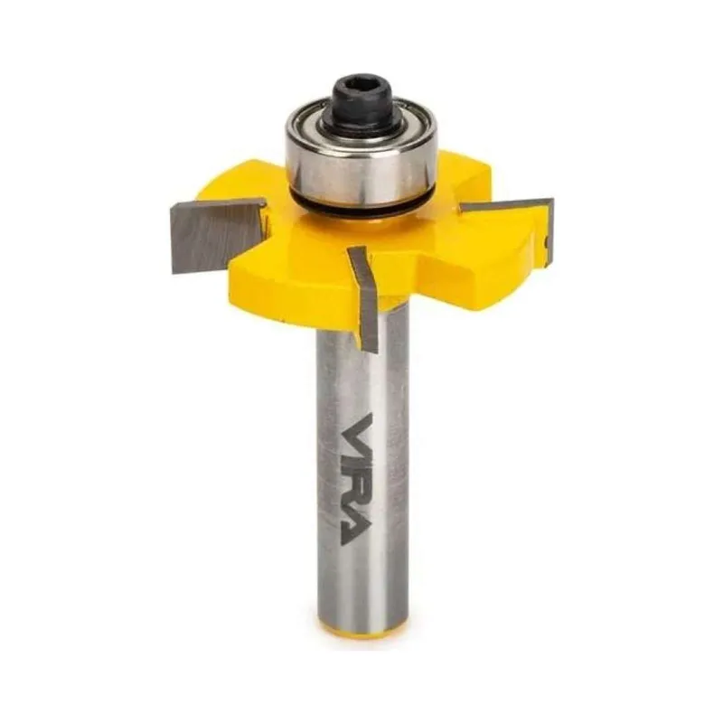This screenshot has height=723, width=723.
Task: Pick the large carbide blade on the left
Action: click(x=217, y=234)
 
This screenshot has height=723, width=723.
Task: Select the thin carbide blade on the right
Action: click(x=507, y=205)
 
